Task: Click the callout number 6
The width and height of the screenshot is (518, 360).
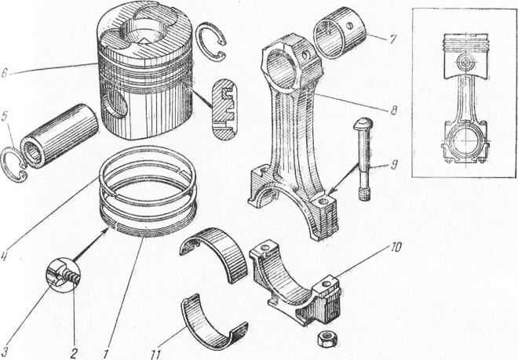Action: [x=4, y=73]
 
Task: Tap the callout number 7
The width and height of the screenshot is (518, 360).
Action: [x=392, y=39]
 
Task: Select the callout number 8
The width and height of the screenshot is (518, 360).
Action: [x=393, y=110]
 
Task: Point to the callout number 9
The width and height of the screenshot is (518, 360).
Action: [x=393, y=165]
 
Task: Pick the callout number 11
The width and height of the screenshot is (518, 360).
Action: [x=155, y=355]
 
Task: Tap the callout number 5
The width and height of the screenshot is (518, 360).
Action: [x=4, y=118]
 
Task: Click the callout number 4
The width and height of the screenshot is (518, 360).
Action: [x=3, y=256]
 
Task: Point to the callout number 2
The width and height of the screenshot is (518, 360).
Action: [x=74, y=354]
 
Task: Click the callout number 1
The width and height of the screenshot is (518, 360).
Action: [x=105, y=354]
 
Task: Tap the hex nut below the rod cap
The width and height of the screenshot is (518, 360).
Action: [x=326, y=339]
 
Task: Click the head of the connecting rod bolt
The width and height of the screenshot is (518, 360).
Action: [x=363, y=125]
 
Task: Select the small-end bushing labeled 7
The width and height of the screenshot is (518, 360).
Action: [x=339, y=32]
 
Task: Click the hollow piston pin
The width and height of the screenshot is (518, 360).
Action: [x=59, y=136]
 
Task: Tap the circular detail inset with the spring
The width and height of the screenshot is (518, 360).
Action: [x=63, y=275]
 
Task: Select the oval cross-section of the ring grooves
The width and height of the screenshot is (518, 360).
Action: [x=224, y=110]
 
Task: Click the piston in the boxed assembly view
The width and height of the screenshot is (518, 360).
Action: [x=465, y=56]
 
